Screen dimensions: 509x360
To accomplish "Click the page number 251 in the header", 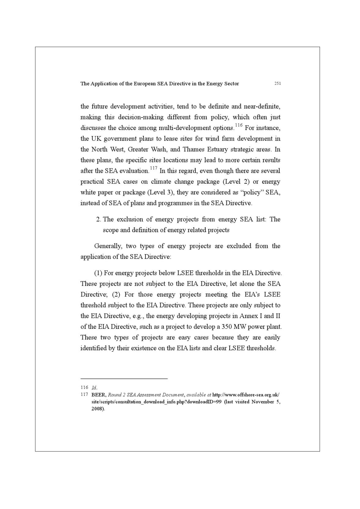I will click(277, 84).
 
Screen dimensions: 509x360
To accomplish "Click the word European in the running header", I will click(144, 84).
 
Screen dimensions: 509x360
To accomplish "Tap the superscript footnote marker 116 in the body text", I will click(239, 125).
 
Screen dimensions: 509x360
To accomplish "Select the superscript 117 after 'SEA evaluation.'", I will click(154, 168).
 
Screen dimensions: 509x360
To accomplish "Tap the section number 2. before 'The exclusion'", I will click(98, 219).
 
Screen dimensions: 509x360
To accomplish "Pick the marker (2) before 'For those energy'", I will click(116, 295).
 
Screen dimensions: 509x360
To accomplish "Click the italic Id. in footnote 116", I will click(94, 388).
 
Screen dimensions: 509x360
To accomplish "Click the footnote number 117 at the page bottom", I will click(84, 395).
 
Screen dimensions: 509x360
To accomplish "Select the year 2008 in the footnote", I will click(98, 409).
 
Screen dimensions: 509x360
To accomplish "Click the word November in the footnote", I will click(262, 402).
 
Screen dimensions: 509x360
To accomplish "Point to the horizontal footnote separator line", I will click(124, 379).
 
